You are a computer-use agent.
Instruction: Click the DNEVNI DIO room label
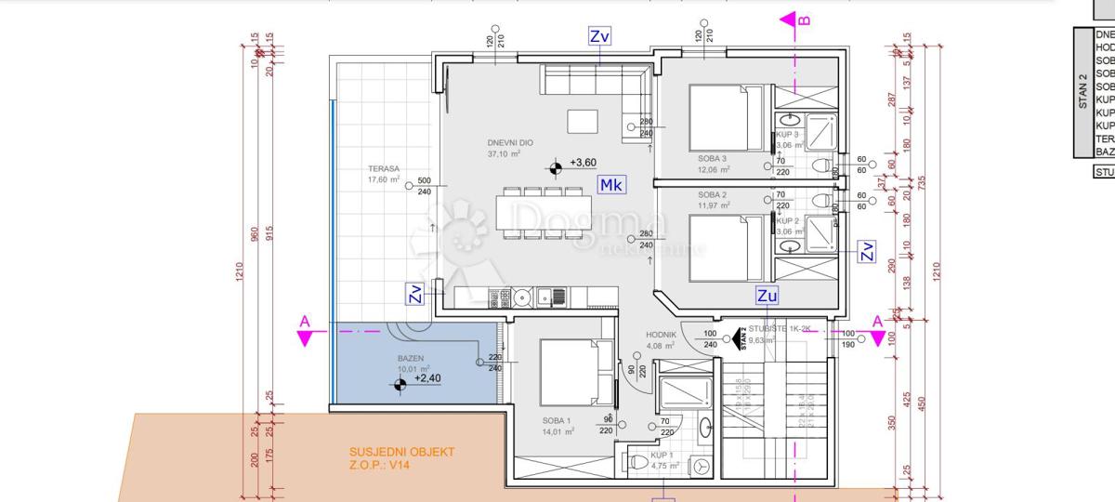pyautogui.click(x=506, y=143)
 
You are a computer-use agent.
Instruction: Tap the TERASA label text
pyautogui.click(x=383, y=169)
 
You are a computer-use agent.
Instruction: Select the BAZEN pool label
pyautogui.click(x=411, y=358)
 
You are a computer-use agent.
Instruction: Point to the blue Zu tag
pyautogui.click(x=767, y=297)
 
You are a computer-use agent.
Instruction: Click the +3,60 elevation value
pyautogui.click(x=584, y=164)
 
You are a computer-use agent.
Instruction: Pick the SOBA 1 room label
pyautogui.click(x=558, y=420)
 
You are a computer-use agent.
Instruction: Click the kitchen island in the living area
pyautogui.click(x=584, y=122)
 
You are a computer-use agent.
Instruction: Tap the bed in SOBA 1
pyautogui.click(x=568, y=371)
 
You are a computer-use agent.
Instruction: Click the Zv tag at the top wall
pyautogui.click(x=600, y=36)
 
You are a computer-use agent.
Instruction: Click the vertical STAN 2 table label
pyautogui.click(x=1082, y=93)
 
